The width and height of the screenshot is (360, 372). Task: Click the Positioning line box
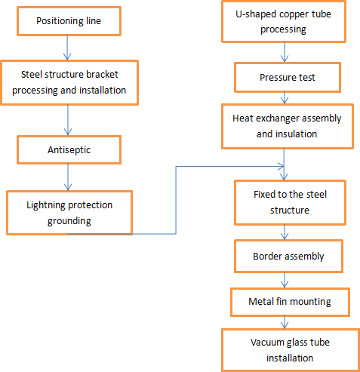68,20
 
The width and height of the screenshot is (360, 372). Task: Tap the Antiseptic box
69,150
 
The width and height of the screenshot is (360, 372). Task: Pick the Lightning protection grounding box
70,212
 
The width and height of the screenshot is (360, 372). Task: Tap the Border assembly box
288,256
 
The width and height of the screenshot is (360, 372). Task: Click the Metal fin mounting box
289,302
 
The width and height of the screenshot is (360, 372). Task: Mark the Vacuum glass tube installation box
289,349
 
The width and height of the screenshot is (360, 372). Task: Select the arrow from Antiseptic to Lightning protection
69,178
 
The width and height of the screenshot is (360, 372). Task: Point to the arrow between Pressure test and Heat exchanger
285,97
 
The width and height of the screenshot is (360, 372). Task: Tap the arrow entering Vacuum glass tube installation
285,322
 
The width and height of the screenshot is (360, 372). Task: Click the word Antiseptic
69,150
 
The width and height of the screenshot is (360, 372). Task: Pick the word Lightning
47,205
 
